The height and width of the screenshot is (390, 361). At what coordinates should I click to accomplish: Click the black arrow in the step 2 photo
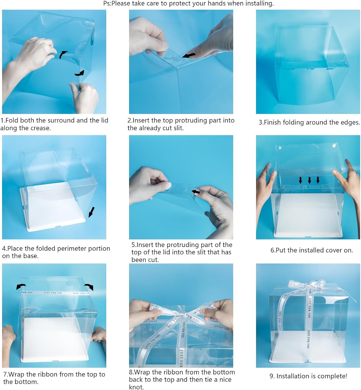(189, 55)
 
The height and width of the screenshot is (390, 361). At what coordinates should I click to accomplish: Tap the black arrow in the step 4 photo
(91, 212)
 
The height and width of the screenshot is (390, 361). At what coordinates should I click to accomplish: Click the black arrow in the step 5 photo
(196, 192)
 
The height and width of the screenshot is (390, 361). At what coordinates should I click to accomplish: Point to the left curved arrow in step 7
(21, 287)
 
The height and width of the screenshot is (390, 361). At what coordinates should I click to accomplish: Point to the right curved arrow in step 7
(89, 287)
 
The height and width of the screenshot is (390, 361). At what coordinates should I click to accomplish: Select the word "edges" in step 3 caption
(351, 122)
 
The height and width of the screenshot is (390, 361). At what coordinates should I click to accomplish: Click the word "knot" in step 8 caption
(136, 387)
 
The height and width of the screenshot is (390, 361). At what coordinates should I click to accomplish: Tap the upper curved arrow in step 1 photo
(63, 54)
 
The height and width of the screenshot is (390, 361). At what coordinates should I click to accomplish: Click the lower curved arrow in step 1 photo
(80, 73)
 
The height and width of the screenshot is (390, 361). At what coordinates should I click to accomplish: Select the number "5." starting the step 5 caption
(133, 245)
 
